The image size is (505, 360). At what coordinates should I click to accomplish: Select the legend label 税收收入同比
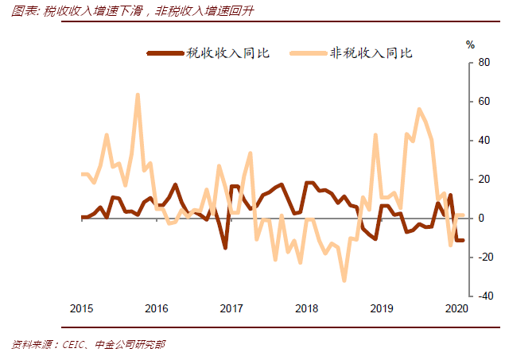pos(228,53)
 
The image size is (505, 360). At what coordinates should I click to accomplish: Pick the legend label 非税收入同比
pos(371,53)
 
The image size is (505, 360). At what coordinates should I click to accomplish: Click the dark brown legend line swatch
pos(165,53)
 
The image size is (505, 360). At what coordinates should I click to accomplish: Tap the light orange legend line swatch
pos(307,53)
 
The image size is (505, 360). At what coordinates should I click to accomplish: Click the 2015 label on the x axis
pos(82,308)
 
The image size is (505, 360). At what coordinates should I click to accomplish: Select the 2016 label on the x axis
pos(157,308)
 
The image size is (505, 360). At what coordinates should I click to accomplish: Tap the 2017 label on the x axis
pos(231,308)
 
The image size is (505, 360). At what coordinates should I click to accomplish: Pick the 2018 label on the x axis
pos(306,308)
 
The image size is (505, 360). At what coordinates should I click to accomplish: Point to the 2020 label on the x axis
pos(456,308)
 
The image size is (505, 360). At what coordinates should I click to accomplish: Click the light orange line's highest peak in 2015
pos(138,95)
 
